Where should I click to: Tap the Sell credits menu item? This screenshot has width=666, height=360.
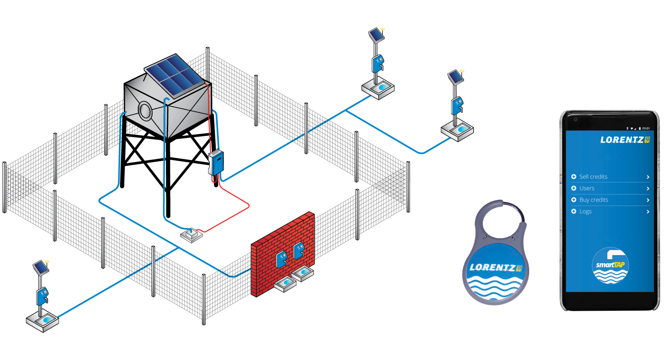pyautogui.click(x=594, y=177)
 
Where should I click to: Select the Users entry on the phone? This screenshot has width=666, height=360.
pyautogui.click(x=587, y=188)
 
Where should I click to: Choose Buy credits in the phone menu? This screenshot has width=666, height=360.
pyautogui.click(x=594, y=200)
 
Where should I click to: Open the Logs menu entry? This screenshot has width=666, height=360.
pyautogui.click(x=585, y=211)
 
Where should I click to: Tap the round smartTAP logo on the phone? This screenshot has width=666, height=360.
pyautogui.click(x=610, y=266)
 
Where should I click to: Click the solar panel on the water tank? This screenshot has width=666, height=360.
pyautogui.click(x=173, y=75)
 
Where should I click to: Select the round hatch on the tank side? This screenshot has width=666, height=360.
pyautogui.click(x=145, y=111)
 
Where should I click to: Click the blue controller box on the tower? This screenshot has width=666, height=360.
pyautogui.click(x=217, y=163)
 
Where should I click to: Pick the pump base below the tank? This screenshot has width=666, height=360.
pyautogui.click(x=191, y=234)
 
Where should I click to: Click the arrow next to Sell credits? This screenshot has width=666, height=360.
pyautogui.click(x=648, y=177)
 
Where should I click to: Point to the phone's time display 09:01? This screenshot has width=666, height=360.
pyautogui.click(x=646, y=128)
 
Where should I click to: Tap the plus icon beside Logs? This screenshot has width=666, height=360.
pyautogui.click(x=574, y=211)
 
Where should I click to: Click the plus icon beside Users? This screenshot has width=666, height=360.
pyautogui.click(x=574, y=188)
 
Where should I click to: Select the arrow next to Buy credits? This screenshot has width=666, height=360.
pyautogui.click(x=648, y=200)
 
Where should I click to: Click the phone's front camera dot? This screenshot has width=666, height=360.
pyautogui.click(x=576, y=119)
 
